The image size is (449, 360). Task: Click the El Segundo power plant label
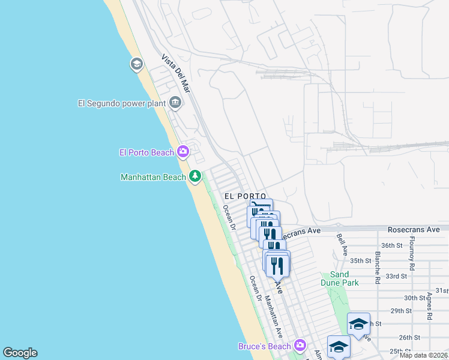tap(121, 103)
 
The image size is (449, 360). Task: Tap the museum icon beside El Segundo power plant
tap(175, 103)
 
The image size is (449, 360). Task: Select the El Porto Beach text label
tap(146, 152)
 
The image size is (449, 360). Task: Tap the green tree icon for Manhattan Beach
tap(195, 176)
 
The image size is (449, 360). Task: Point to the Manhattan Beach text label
tap(153, 177)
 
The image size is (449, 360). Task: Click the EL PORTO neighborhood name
tap(245, 196)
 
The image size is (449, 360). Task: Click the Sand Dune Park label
tap(340, 278)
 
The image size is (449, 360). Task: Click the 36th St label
tap(391, 245)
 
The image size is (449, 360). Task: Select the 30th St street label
tap(415, 298)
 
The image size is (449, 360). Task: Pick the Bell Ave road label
tap(342, 245)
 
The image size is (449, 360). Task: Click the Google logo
tap(20, 353)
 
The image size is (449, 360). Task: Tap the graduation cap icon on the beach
tap(137, 64)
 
